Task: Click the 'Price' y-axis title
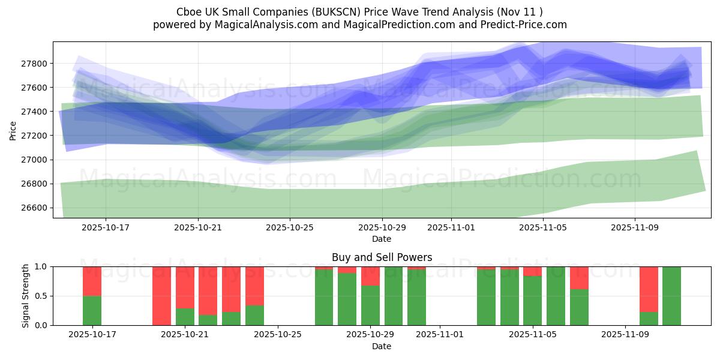[x=13, y=130]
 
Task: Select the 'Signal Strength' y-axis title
[x=25, y=296]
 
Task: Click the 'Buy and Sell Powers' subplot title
[x=382, y=257]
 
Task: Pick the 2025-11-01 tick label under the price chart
[x=451, y=228]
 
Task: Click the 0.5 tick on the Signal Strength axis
[x=41, y=296]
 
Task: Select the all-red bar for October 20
[x=161, y=296]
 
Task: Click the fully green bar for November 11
[x=671, y=296]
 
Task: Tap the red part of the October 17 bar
[x=92, y=281]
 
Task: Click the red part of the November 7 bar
[x=579, y=278]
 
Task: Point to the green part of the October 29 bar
[x=370, y=305]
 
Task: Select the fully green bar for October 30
[x=394, y=296]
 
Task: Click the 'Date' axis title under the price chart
[x=382, y=239]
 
